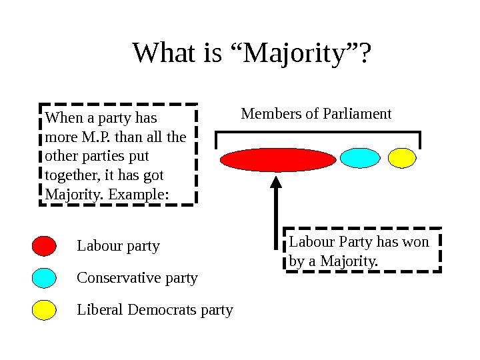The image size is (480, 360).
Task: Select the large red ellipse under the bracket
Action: click(278, 160)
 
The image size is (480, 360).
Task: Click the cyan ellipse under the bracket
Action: click(359, 157)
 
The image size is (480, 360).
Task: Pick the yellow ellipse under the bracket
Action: click(402, 157)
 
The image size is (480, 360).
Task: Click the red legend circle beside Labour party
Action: click(44, 246)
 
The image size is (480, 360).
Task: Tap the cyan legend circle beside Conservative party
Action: click(44, 278)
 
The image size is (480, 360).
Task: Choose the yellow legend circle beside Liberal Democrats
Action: click(44, 310)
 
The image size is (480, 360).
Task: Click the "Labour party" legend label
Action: click(119, 247)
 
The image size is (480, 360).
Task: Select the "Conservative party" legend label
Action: click(137, 278)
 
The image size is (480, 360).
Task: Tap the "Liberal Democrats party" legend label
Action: click(155, 310)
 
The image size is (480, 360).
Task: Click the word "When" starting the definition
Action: click(61, 119)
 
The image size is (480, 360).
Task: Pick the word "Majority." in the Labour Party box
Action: click(348, 261)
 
